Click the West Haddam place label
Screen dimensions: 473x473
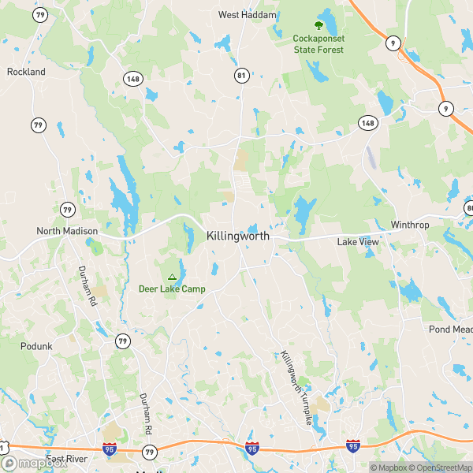[248, 15]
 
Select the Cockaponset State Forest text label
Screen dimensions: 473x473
[319, 44]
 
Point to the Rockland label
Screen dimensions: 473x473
[26, 72]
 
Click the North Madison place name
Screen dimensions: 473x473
[67, 231]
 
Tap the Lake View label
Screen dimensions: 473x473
[358, 242]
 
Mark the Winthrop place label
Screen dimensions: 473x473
[409, 225]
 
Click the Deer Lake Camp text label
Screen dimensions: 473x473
[172, 289]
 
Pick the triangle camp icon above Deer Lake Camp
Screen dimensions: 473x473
[172, 276]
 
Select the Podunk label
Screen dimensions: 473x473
[35, 345]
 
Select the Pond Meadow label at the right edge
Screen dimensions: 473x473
[450, 329]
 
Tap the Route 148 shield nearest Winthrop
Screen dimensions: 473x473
[367, 123]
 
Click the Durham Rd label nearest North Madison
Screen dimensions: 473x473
[86, 285]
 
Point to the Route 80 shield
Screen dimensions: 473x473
[469, 208]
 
